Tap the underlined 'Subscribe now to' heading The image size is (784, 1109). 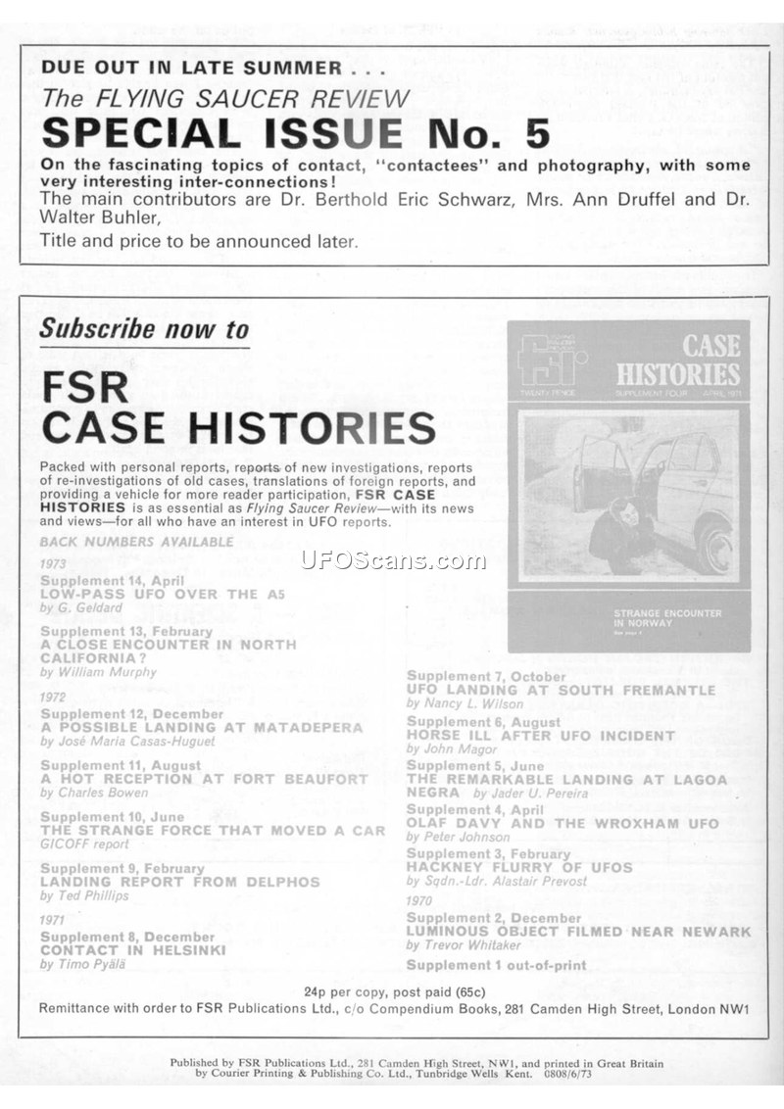point(144,329)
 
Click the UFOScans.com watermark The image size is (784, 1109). point(392,560)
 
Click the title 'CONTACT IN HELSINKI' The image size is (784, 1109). point(133,950)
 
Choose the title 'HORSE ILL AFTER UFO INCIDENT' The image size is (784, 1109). point(540,735)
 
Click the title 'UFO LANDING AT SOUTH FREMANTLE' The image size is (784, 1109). point(561,690)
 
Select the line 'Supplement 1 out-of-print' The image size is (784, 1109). point(496,965)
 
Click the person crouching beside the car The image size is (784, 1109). point(619,536)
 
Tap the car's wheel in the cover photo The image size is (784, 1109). point(714,546)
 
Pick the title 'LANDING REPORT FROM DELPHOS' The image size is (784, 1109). point(180,882)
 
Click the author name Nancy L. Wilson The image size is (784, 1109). point(454,703)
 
